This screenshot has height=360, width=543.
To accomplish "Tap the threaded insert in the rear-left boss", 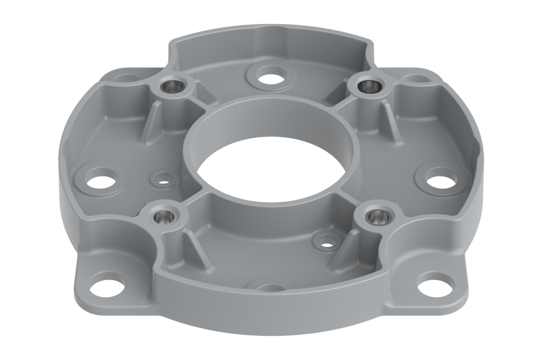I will (173, 86).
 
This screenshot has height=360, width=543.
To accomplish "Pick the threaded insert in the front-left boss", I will (159, 216).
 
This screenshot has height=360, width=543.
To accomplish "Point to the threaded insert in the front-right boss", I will (376, 216).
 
